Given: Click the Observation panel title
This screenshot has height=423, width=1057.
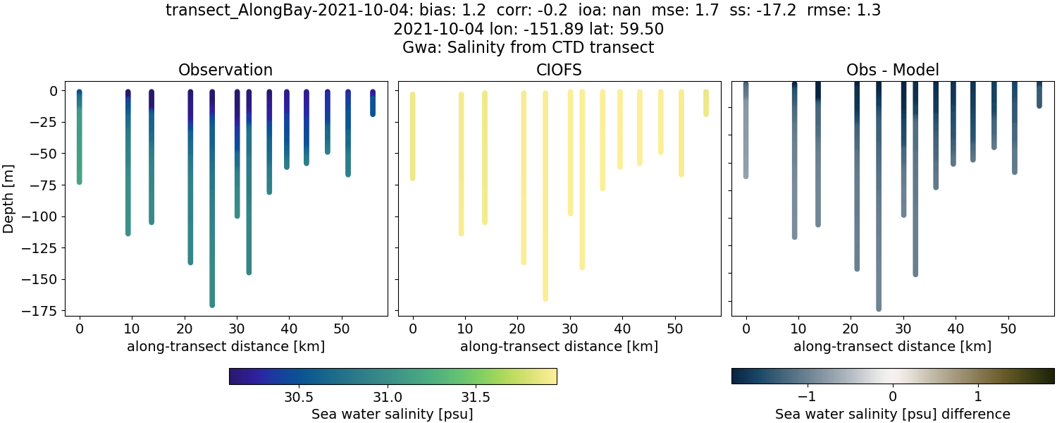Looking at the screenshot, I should tap(225, 70).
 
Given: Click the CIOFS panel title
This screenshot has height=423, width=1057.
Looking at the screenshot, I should tap(559, 70).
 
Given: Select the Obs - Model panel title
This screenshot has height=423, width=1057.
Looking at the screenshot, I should tap(892, 70).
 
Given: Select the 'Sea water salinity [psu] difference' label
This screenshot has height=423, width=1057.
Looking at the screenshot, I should tap(892, 414).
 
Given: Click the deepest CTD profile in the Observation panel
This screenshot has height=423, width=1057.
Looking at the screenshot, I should tap(212, 211).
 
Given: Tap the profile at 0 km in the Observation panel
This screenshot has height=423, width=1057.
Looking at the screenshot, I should tap(80, 141).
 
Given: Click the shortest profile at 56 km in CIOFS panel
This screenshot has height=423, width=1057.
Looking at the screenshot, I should tap(705, 103).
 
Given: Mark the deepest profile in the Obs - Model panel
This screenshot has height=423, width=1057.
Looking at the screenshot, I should tap(879, 211).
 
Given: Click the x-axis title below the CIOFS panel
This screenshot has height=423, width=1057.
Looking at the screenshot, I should tap(559, 346).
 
